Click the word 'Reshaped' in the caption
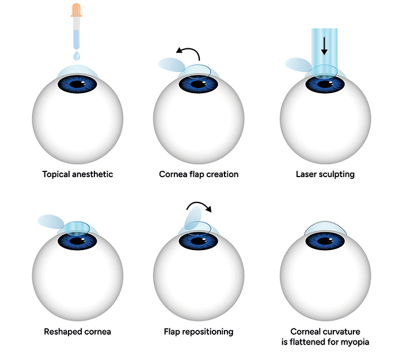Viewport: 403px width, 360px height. tap(62, 332)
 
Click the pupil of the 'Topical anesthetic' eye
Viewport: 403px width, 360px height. tap(77, 85)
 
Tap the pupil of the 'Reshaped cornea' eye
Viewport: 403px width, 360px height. tap(77, 242)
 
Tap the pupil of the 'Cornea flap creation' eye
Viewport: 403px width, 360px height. tap(200, 85)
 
